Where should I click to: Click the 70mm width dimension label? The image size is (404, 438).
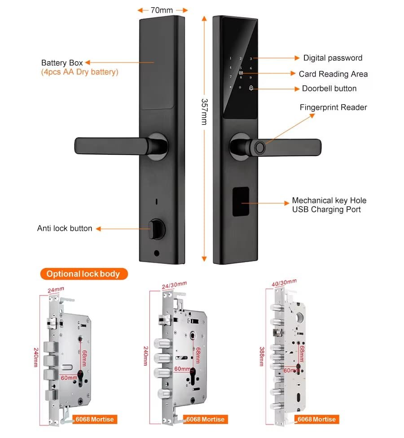click(x=162, y=9)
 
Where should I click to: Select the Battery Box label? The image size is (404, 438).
click(x=62, y=63)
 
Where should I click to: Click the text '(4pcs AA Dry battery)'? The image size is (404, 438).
click(x=79, y=72)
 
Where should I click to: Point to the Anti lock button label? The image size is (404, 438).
click(x=65, y=228)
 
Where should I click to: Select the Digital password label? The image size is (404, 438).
click(x=333, y=58)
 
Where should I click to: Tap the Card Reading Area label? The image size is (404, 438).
click(x=333, y=74)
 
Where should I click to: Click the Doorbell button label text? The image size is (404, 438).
click(x=329, y=89)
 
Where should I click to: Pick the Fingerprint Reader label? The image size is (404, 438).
click(x=333, y=107)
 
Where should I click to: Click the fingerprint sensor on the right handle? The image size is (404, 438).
click(x=260, y=147)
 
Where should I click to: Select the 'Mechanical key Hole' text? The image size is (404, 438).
click(x=329, y=201)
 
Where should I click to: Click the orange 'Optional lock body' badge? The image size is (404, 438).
click(x=83, y=274)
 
